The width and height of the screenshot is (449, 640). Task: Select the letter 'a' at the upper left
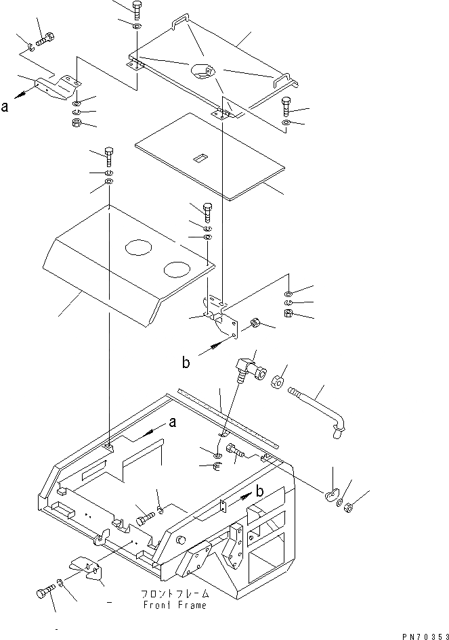5,106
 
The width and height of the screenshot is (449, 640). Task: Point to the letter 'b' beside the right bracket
186,363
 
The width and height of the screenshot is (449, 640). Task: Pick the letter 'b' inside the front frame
259,490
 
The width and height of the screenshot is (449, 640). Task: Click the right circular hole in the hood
178,269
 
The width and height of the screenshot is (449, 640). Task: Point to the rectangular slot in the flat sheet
200,159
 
